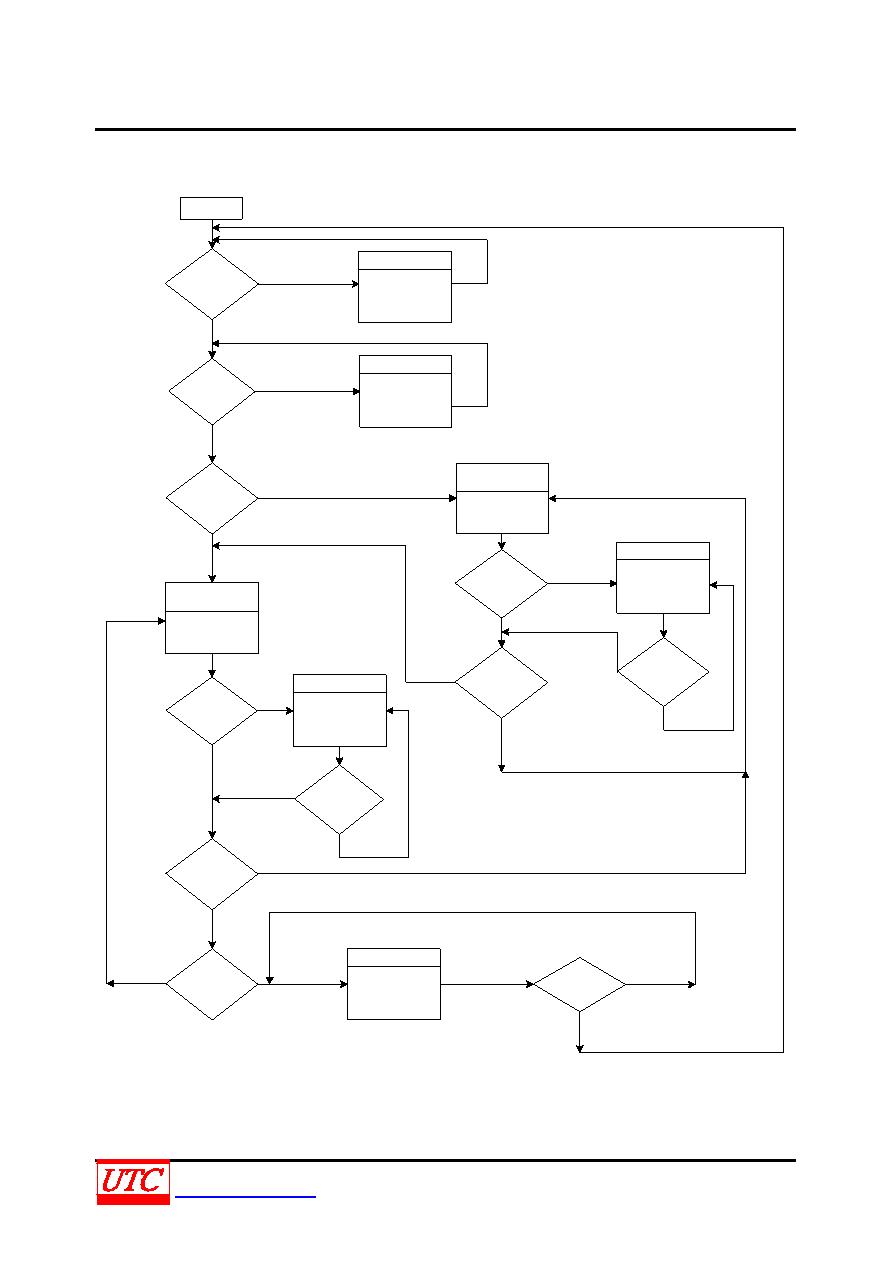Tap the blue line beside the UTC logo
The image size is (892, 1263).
[x=245, y=1196]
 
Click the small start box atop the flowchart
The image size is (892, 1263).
[x=211, y=208]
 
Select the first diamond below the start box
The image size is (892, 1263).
[x=212, y=284]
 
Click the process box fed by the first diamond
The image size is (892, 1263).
[x=405, y=287]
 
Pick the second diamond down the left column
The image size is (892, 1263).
[x=212, y=391]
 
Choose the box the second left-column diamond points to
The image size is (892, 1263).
[x=405, y=391]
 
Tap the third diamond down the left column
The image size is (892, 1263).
[x=212, y=498]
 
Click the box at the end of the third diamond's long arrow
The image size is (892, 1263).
[x=502, y=498]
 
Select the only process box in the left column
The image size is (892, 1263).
[x=212, y=618]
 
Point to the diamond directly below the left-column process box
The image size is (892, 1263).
[x=212, y=711]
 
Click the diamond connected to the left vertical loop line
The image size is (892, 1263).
[x=212, y=984]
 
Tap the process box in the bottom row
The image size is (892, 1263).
[x=394, y=984]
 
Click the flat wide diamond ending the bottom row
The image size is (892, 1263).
[x=580, y=984]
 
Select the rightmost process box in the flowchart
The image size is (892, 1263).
[x=663, y=578]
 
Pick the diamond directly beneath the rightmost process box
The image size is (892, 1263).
[x=663, y=672]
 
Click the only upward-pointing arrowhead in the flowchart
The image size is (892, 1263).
[x=745, y=775]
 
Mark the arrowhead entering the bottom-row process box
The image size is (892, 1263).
[x=343, y=984]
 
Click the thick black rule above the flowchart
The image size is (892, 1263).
[x=445, y=130]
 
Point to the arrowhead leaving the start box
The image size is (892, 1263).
[x=212, y=245]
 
